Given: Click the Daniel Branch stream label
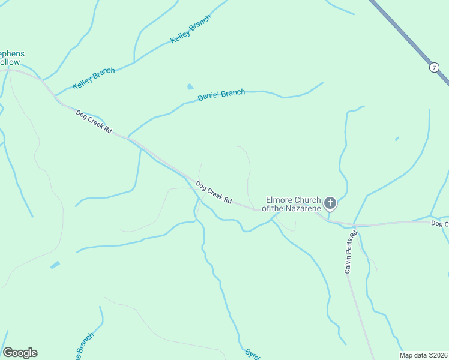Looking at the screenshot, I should pyautogui.click(x=221, y=94).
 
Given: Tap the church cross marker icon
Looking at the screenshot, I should pyautogui.click(x=330, y=203).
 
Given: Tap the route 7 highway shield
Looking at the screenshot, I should pyautogui.click(x=434, y=67).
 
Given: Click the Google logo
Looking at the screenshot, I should pyautogui.click(x=20, y=353).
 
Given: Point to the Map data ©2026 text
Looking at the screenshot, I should pyautogui.click(x=423, y=355).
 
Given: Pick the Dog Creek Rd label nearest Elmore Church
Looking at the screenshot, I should pyautogui.click(x=214, y=193).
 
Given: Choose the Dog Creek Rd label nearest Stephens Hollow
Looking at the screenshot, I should pyautogui.click(x=94, y=121).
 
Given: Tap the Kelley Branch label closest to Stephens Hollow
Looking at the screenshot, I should pyautogui.click(x=94, y=79).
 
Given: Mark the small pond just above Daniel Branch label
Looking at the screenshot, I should pyautogui.click(x=191, y=86).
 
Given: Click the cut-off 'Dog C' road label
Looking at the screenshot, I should pyautogui.click(x=439, y=223).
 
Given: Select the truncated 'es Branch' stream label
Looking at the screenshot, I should pyautogui.click(x=84, y=345).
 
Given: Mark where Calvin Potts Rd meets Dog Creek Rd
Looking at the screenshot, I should pyautogui.click(x=354, y=226).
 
